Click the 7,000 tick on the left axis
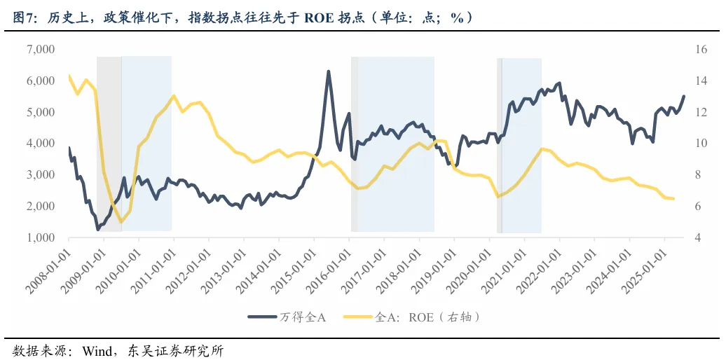[x=41, y=50]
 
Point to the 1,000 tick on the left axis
[x=41, y=237]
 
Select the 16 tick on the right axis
[x=700, y=50]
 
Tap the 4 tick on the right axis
[x=697, y=237]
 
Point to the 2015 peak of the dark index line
[x=328, y=71]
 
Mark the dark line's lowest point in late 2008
[x=98, y=229]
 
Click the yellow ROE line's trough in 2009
[x=121, y=222]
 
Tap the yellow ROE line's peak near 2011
[x=174, y=96]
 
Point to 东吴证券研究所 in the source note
[x=175, y=349]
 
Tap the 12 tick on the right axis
[x=700, y=112]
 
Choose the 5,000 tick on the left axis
[x=41, y=112]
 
